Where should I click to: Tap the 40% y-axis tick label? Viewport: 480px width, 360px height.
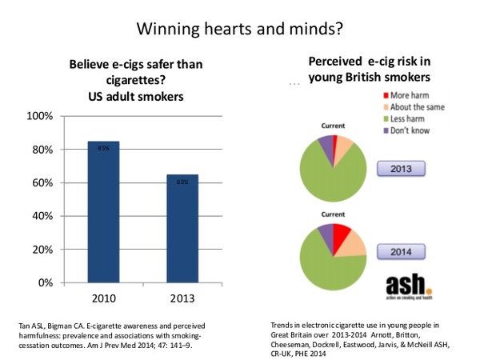tap(42, 216)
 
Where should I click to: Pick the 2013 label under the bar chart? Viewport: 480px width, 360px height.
tap(182, 297)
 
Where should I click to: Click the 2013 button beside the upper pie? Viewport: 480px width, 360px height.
tap(401, 169)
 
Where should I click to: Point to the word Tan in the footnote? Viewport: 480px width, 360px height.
tap(23, 326)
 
